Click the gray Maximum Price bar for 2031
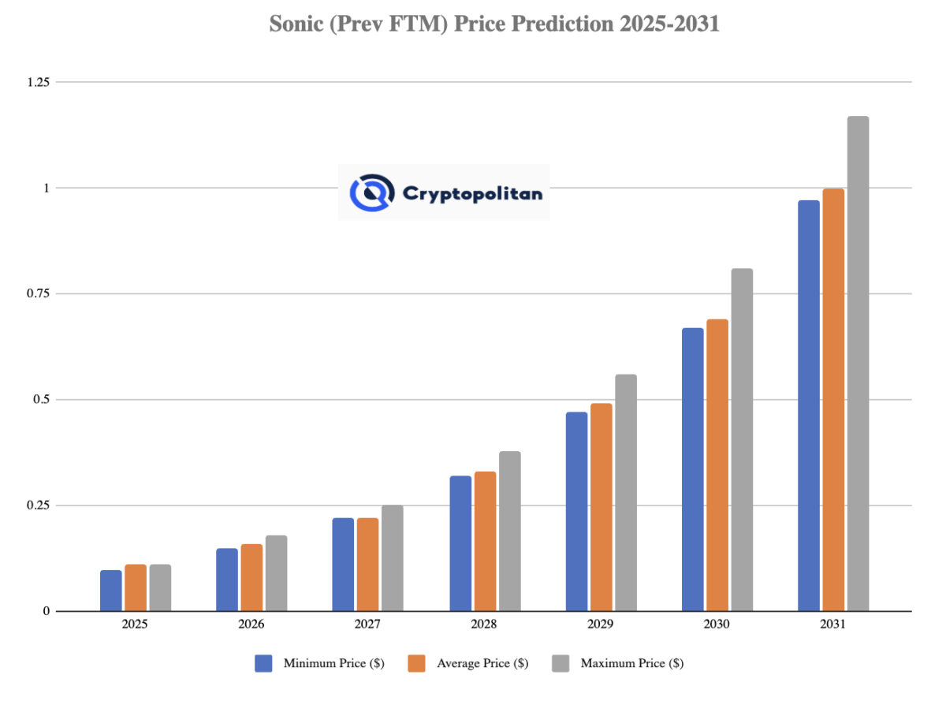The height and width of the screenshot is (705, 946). (x=858, y=363)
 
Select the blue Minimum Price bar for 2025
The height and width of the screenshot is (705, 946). (x=111, y=590)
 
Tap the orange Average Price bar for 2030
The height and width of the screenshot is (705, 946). (x=717, y=465)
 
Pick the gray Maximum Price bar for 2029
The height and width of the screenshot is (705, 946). (x=626, y=492)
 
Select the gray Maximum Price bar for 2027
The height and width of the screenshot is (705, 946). (x=393, y=558)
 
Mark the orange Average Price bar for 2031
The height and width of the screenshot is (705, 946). (x=833, y=399)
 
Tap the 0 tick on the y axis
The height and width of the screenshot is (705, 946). (x=47, y=611)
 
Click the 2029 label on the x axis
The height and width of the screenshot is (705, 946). (x=601, y=624)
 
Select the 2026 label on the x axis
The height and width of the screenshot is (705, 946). (x=251, y=624)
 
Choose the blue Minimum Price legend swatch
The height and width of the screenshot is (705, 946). (x=264, y=663)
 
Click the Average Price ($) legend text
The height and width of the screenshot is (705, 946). (x=482, y=663)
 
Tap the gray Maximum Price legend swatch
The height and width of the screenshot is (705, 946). (x=561, y=663)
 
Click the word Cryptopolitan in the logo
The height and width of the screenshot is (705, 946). (x=472, y=192)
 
